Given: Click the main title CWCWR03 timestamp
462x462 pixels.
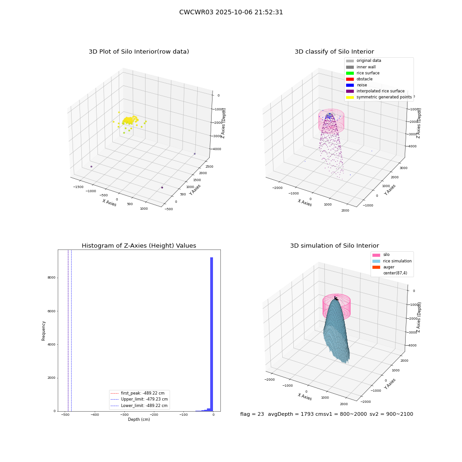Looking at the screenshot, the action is click(231, 12).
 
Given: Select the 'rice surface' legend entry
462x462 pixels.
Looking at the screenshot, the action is click(363, 73).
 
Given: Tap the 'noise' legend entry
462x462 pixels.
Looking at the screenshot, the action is click(357, 85).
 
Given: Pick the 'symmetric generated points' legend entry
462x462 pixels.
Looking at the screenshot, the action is click(379, 97).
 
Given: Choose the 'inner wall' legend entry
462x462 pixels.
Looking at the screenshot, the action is click(361, 67).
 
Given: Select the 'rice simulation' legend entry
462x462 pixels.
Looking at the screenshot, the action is click(392, 261).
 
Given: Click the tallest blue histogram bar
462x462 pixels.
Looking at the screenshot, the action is click(212, 334).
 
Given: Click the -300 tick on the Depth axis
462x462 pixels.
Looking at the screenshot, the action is click(124, 415).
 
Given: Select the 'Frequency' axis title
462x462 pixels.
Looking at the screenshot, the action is click(43, 331).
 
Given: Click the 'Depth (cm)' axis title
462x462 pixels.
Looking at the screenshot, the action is click(139, 419).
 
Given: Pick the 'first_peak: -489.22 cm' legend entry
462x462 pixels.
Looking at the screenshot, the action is click(137, 393).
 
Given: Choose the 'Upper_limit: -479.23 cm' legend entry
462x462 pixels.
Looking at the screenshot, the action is click(139, 399).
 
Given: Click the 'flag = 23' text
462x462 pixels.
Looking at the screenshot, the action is click(252, 414).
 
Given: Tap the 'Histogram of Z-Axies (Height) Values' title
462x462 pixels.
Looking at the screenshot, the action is click(139, 246).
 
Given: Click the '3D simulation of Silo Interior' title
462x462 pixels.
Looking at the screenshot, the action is click(334, 246).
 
